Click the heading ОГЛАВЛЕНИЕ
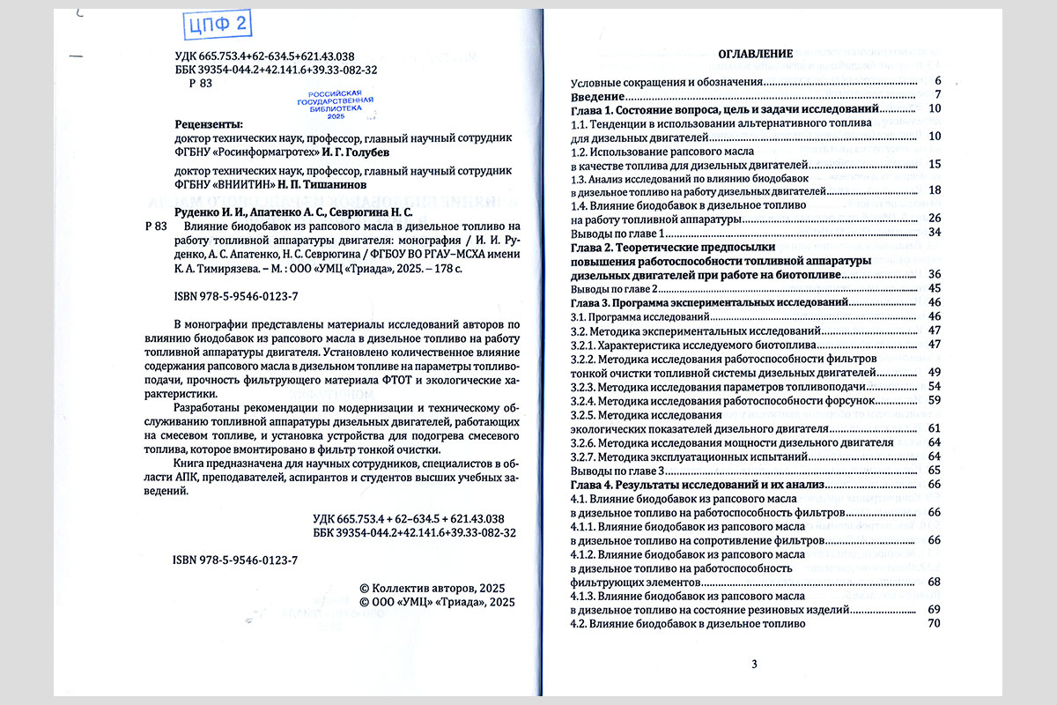757,53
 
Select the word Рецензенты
209,124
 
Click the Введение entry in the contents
598,95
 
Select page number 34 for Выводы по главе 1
935,232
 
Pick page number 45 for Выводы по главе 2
935,288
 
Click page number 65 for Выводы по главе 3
935,471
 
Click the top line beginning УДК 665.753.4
264,56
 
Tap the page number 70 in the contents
935,624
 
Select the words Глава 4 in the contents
591,485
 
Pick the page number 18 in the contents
935,190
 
